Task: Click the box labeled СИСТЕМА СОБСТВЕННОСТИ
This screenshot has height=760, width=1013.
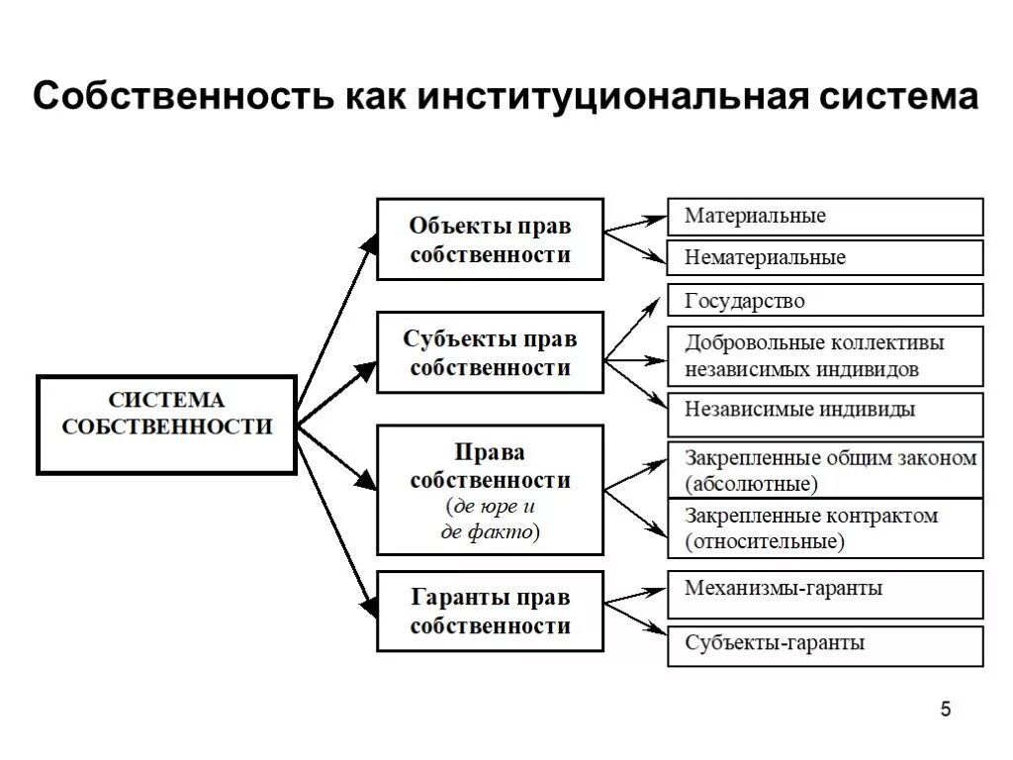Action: point(166,425)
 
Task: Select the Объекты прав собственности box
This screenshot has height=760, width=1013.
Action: point(490,238)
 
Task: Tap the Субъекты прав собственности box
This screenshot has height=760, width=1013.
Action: point(490,352)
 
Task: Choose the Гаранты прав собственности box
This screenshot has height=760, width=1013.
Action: point(490,611)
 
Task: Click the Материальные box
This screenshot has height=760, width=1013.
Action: point(825,216)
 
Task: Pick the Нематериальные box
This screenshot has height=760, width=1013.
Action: point(825,257)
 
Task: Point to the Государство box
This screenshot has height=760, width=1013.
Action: point(825,300)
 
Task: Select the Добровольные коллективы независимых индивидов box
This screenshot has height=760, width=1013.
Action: point(825,356)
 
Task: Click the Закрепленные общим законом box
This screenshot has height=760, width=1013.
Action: point(825,470)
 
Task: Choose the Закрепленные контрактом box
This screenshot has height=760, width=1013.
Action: point(825,528)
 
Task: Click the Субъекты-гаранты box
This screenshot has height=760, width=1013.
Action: point(825,645)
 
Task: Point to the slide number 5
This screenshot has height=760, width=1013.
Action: point(946,709)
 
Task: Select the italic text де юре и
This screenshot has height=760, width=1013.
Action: point(491,507)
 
